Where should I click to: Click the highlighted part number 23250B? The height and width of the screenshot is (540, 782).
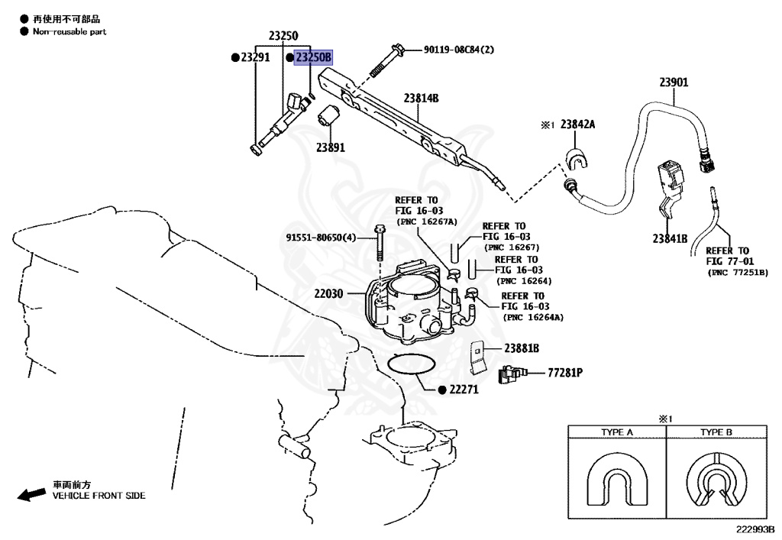313,57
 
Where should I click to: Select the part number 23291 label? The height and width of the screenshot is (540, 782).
255,57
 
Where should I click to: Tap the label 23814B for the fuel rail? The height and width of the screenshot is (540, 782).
421,99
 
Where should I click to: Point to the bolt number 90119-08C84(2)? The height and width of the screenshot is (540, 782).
459,50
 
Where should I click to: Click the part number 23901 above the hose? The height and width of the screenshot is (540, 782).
674,82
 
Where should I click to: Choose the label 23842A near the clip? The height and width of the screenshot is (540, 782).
577,124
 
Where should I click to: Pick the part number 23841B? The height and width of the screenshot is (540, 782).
670,239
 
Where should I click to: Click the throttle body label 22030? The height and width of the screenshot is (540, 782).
328,293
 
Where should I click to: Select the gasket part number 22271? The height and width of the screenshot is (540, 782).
464,389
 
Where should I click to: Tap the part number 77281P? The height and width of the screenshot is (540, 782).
565,373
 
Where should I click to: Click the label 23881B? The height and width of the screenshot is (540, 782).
522,348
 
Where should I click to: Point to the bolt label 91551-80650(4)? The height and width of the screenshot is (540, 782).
322,238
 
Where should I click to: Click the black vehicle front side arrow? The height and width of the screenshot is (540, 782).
31,494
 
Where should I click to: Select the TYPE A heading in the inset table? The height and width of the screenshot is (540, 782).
617,432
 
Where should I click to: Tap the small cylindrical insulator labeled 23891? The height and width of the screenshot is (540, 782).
327,116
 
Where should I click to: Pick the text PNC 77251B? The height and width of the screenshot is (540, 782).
738,273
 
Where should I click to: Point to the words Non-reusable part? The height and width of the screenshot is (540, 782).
69,31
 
